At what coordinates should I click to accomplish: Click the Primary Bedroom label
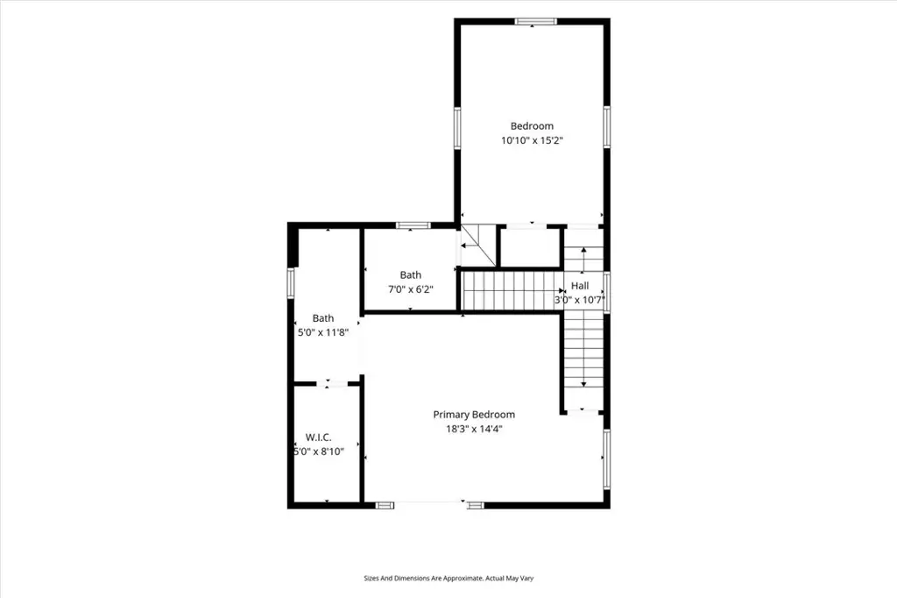tap(474, 415)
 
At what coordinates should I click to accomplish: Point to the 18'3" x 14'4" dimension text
tap(474, 429)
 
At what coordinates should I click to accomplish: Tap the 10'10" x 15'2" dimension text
tap(532, 140)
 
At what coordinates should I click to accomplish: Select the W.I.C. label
tap(319, 438)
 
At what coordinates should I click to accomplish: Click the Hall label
tap(580, 286)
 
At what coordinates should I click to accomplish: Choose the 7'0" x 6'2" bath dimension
tap(411, 289)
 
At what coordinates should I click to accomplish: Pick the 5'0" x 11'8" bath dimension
tap(323, 332)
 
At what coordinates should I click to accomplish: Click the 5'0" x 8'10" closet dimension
tap(319, 452)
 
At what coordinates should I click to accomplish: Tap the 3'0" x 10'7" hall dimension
tap(580, 300)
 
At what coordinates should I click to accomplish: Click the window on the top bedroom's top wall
tap(535, 22)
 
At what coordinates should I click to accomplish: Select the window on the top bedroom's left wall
tap(457, 128)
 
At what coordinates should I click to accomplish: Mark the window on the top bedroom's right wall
tap(606, 126)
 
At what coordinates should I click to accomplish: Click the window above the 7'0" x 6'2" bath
tap(413, 225)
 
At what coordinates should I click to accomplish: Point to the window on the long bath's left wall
tap(291, 283)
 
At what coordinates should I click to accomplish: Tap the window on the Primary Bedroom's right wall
tap(606, 459)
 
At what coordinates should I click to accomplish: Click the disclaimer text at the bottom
tap(448, 579)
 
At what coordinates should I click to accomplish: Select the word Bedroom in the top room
tap(532, 126)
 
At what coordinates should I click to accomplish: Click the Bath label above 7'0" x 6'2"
tap(411, 275)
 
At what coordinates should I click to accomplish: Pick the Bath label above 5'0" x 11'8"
tap(323, 318)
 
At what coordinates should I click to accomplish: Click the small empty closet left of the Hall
tap(530, 247)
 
